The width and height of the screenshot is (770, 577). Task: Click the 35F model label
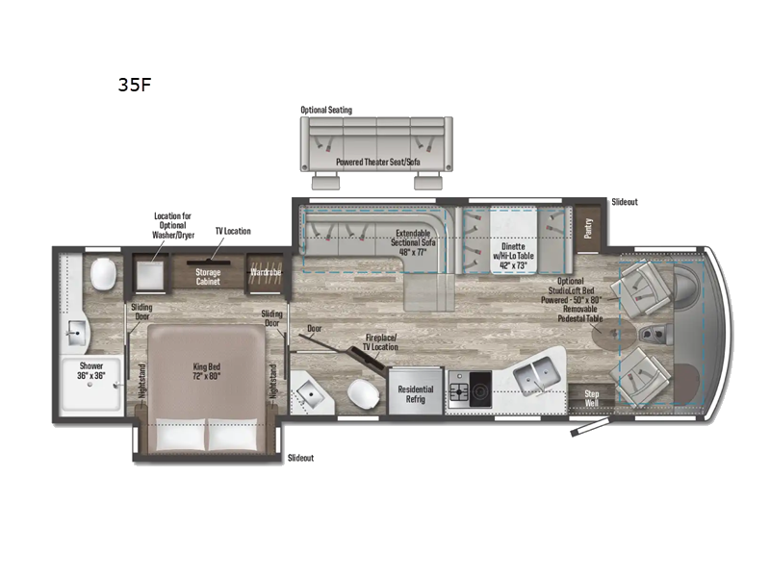[x=133, y=84]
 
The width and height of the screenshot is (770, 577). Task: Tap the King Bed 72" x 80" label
[x=205, y=371]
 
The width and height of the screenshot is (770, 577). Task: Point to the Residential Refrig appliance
[x=416, y=394]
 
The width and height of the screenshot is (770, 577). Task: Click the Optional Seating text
[x=326, y=111]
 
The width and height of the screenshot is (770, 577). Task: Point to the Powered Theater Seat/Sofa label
[x=377, y=163]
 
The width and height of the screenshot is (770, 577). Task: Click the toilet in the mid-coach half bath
[x=363, y=394]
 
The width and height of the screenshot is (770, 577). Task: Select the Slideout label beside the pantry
[x=625, y=202]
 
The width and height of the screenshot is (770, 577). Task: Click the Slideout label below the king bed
[x=300, y=458]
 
